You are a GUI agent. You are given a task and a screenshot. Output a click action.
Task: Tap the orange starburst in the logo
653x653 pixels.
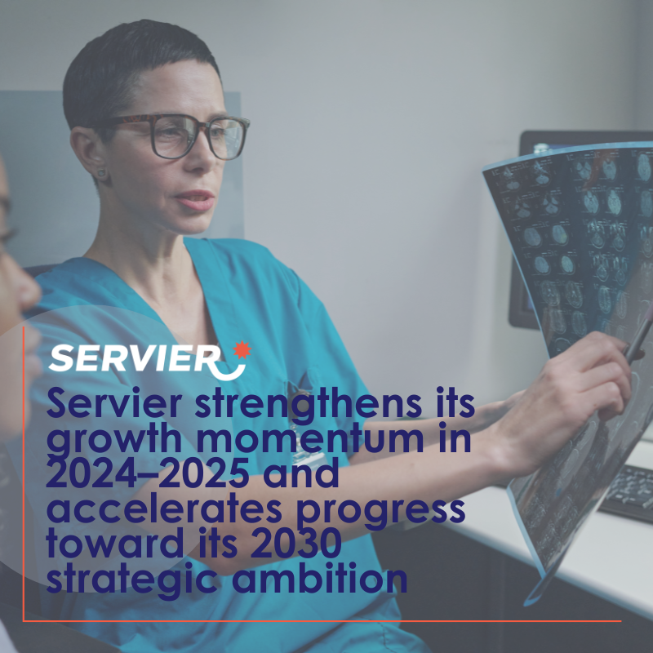242,350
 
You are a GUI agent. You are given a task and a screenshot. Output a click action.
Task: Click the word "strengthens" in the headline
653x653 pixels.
309,404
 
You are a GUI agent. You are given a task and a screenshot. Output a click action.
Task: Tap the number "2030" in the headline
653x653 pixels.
296,543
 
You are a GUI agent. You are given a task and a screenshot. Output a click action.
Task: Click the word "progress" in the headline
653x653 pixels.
380,512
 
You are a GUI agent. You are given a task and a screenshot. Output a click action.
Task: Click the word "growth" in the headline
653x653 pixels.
114,441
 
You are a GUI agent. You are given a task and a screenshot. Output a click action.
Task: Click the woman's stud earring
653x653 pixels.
101,172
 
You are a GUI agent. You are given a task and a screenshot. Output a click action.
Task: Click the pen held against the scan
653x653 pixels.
637,337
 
